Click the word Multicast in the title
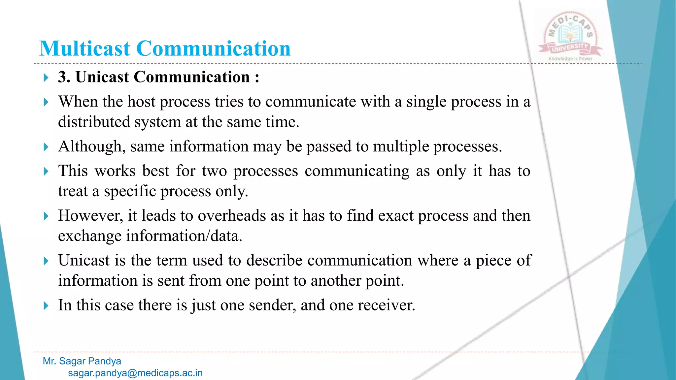point(85,48)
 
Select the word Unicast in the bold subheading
point(102,77)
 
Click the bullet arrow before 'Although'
point(46,147)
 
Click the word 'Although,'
point(92,146)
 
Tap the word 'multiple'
point(401,146)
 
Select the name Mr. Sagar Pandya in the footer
point(82,361)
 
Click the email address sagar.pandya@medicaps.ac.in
point(135,373)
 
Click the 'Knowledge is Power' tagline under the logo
point(570,59)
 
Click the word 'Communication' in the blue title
point(213,48)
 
